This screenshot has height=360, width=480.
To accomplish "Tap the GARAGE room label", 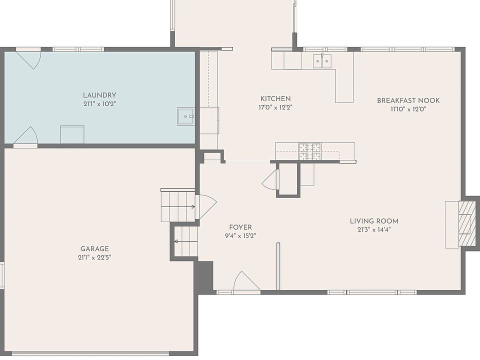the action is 94,249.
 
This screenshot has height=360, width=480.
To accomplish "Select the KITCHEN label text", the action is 275,98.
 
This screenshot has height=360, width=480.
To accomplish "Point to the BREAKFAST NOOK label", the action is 408,100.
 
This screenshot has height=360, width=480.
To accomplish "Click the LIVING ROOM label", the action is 374,221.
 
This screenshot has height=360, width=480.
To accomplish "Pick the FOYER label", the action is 240,227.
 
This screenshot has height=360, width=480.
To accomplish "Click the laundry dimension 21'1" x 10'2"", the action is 100,104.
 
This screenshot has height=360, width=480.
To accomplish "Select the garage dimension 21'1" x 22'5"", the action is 94,257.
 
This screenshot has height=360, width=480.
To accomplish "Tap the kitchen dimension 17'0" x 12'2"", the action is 275,107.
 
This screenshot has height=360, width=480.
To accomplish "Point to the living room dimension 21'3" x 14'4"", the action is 374,229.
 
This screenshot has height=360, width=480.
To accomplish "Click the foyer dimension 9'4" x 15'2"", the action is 240,235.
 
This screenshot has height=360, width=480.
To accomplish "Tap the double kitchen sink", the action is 322,61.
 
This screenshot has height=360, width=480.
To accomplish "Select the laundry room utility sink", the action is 186,116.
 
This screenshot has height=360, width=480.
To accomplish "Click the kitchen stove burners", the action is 310,151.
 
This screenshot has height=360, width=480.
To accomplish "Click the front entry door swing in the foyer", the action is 246,281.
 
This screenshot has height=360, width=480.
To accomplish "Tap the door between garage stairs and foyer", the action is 207,207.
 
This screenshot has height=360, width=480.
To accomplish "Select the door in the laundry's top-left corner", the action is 28,59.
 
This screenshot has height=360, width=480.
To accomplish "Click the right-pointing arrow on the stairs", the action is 178,207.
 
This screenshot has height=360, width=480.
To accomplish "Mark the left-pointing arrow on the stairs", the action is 186,241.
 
